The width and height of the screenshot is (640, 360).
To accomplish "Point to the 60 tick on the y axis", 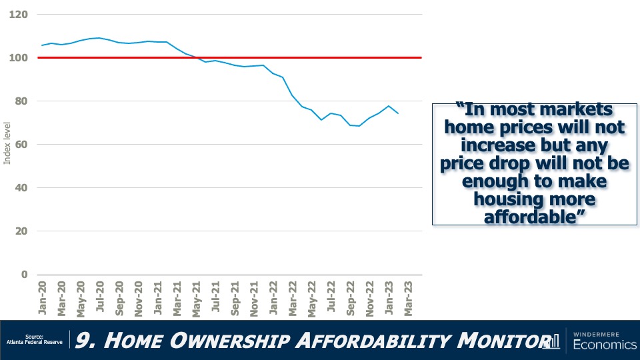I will (22, 145).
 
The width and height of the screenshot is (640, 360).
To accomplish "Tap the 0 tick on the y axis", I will (25, 275).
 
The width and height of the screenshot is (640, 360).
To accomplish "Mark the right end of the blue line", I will (398, 113).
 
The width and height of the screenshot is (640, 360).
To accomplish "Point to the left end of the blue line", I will (42, 45).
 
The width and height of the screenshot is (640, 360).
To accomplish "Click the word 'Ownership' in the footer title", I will (237, 341).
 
